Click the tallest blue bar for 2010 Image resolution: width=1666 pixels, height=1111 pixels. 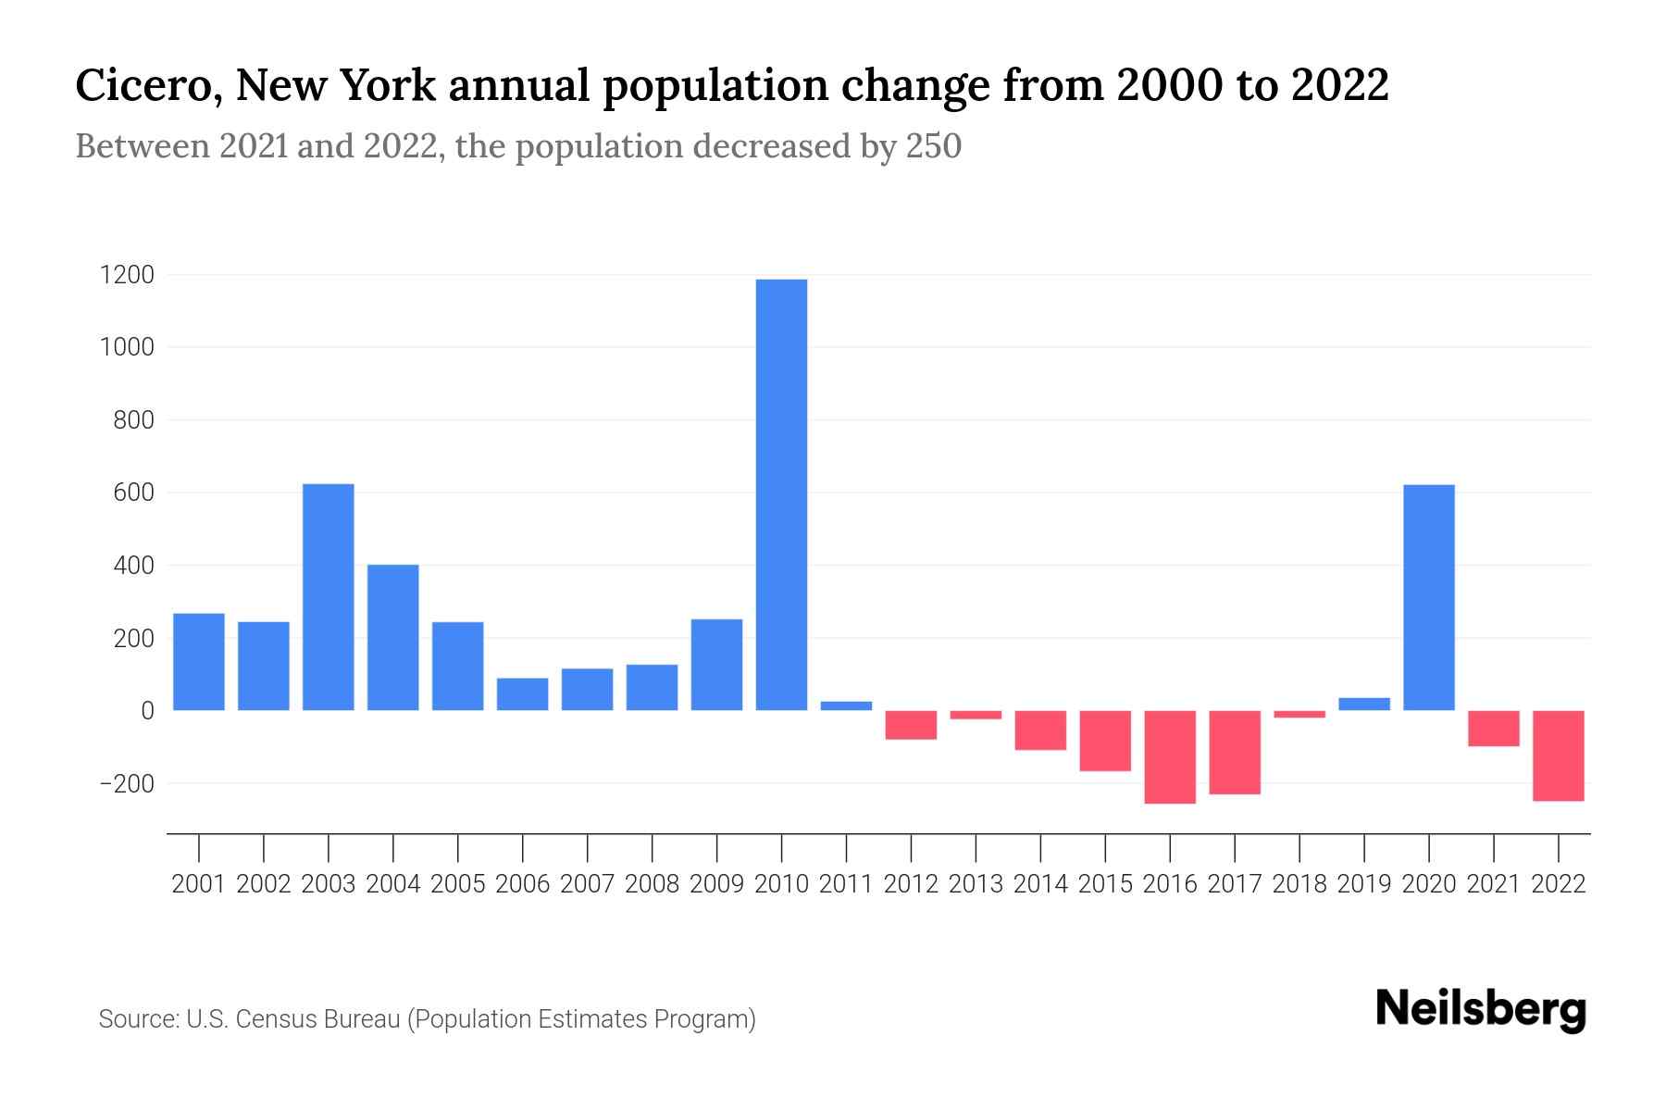pos(781,494)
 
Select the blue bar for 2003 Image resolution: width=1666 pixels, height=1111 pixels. pos(329,597)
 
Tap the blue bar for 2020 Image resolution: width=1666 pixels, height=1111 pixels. pos(1429,597)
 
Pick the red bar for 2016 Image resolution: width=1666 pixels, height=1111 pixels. pos(1170,756)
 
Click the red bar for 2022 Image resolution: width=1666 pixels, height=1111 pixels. pos(1559,755)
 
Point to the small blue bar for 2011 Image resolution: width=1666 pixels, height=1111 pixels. pos(846,705)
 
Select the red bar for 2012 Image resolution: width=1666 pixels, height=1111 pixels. pos(911,725)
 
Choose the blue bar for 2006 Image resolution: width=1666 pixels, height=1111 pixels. pos(523,694)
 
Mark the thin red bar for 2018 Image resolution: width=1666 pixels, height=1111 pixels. pos(1299,714)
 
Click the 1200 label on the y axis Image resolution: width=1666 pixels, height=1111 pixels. pos(128,275)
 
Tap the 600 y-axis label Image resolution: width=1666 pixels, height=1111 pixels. pos(134,493)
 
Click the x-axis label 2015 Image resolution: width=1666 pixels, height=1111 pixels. pos(1105,884)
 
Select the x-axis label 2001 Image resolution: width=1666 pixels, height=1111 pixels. pos(199,884)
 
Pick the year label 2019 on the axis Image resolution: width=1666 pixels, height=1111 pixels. pos(1364,884)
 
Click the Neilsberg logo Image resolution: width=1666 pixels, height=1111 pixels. pos(1481,1009)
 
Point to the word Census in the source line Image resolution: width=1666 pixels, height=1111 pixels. pos(272,1019)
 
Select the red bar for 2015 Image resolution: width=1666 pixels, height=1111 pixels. pos(1105,741)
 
